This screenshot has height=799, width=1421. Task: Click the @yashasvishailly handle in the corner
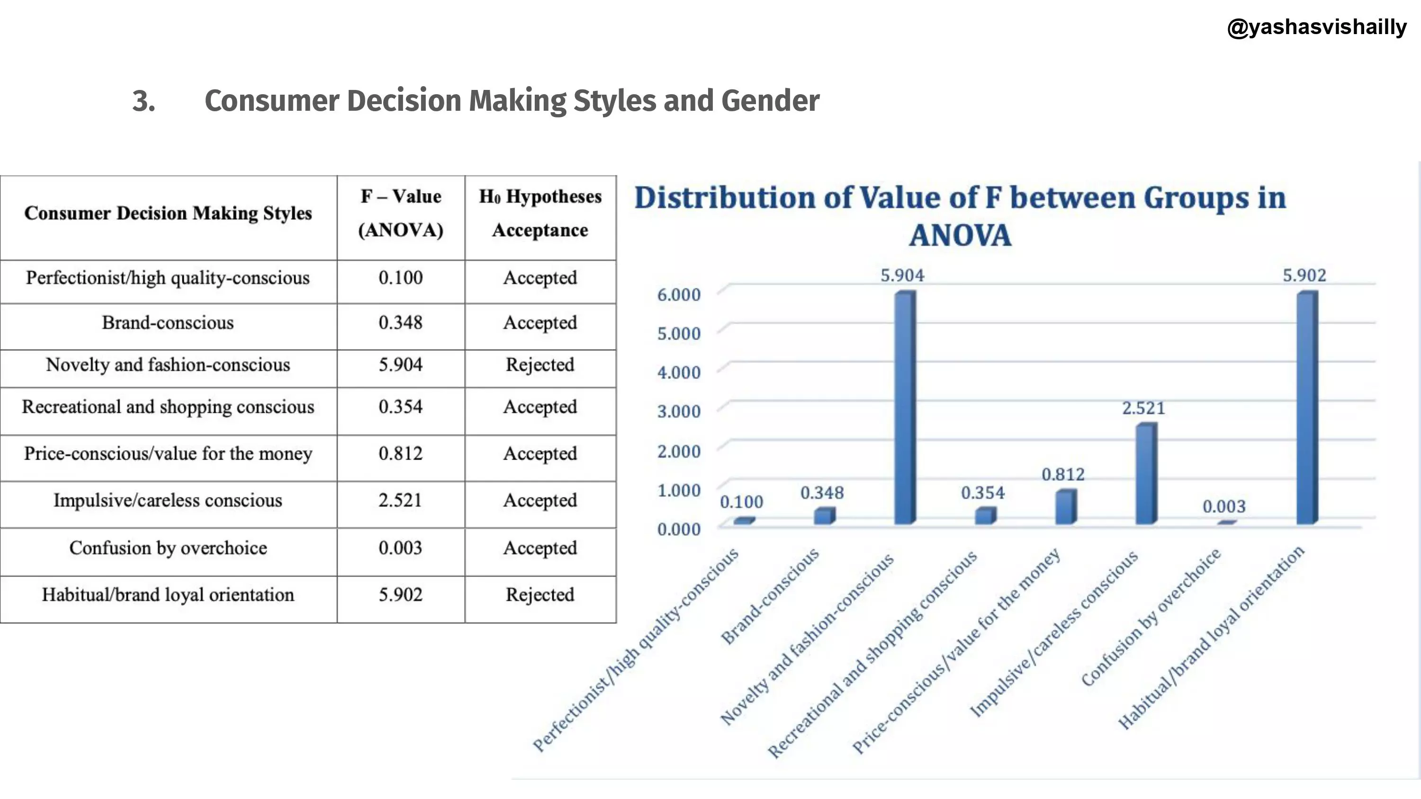[1316, 27]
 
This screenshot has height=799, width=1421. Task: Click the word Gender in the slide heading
[770, 101]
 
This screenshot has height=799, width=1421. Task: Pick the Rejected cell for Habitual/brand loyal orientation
[540, 595]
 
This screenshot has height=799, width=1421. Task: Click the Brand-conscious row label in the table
[168, 322]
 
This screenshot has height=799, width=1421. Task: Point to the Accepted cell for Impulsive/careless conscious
[540, 501]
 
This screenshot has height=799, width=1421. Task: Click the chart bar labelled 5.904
[905, 408]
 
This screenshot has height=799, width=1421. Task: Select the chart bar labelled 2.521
[1146, 474]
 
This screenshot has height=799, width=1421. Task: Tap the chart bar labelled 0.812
[1065, 507]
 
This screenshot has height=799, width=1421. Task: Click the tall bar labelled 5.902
[1307, 408]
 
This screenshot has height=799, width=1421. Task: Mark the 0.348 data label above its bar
[822, 493]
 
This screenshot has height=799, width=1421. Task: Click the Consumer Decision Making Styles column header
[168, 213]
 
